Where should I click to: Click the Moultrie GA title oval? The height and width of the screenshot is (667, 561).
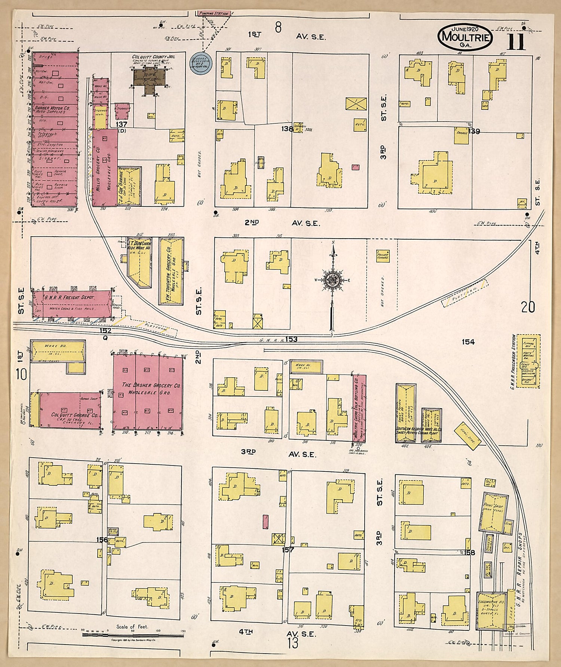coord(465,37)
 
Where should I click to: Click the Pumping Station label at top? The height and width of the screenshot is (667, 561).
coord(214,13)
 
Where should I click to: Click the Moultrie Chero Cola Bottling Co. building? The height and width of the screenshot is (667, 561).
coord(358,409)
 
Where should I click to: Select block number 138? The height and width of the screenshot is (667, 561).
coord(287,129)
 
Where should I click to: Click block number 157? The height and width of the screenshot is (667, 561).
coord(288,550)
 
